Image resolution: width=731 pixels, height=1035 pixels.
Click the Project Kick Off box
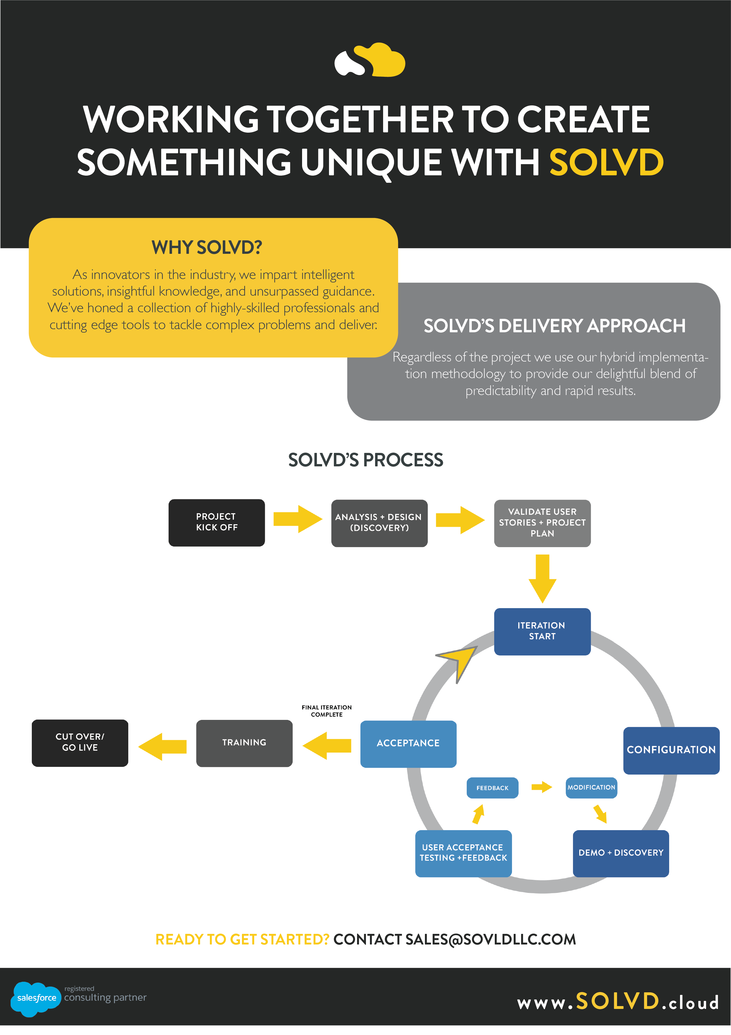click(216, 523)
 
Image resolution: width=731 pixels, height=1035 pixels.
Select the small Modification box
click(591, 787)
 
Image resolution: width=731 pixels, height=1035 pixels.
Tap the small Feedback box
click(492, 788)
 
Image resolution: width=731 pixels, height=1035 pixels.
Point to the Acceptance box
click(408, 744)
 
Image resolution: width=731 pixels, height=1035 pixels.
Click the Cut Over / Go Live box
click(80, 743)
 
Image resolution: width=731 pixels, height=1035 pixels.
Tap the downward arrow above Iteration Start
click(542, 579)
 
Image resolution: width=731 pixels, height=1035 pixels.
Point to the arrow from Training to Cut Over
click(162, 747)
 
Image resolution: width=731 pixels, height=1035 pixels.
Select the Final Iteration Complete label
click(327, 711)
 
